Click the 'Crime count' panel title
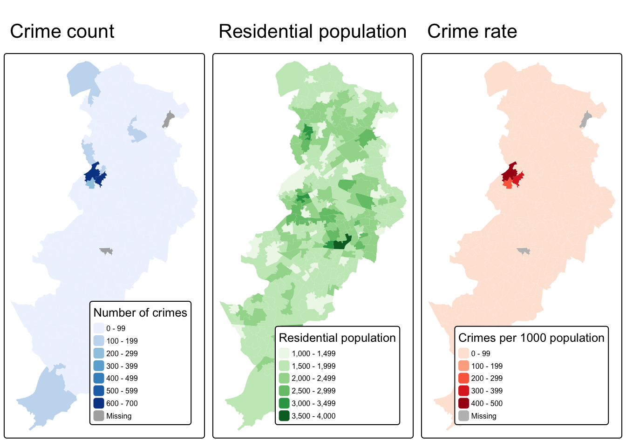(62, 32)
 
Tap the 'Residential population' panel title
(313, 32)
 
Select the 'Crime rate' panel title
(472, 32)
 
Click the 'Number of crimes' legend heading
(140, 312)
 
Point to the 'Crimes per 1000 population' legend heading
(531, 338)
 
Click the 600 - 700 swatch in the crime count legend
(99, 403)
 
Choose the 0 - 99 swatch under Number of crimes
(99, 328)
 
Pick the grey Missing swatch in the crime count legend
(99, 416)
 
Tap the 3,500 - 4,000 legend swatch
(284, 416)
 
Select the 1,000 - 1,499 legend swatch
(284, 353)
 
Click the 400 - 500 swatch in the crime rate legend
(463, 403)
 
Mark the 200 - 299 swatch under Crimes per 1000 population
(463, 378)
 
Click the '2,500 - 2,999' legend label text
(313, 391)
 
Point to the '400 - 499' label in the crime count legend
(122, 378)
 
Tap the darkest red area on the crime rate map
(509, 173)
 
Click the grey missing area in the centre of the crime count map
(107, 251)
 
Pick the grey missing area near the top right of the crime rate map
(585, 120)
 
